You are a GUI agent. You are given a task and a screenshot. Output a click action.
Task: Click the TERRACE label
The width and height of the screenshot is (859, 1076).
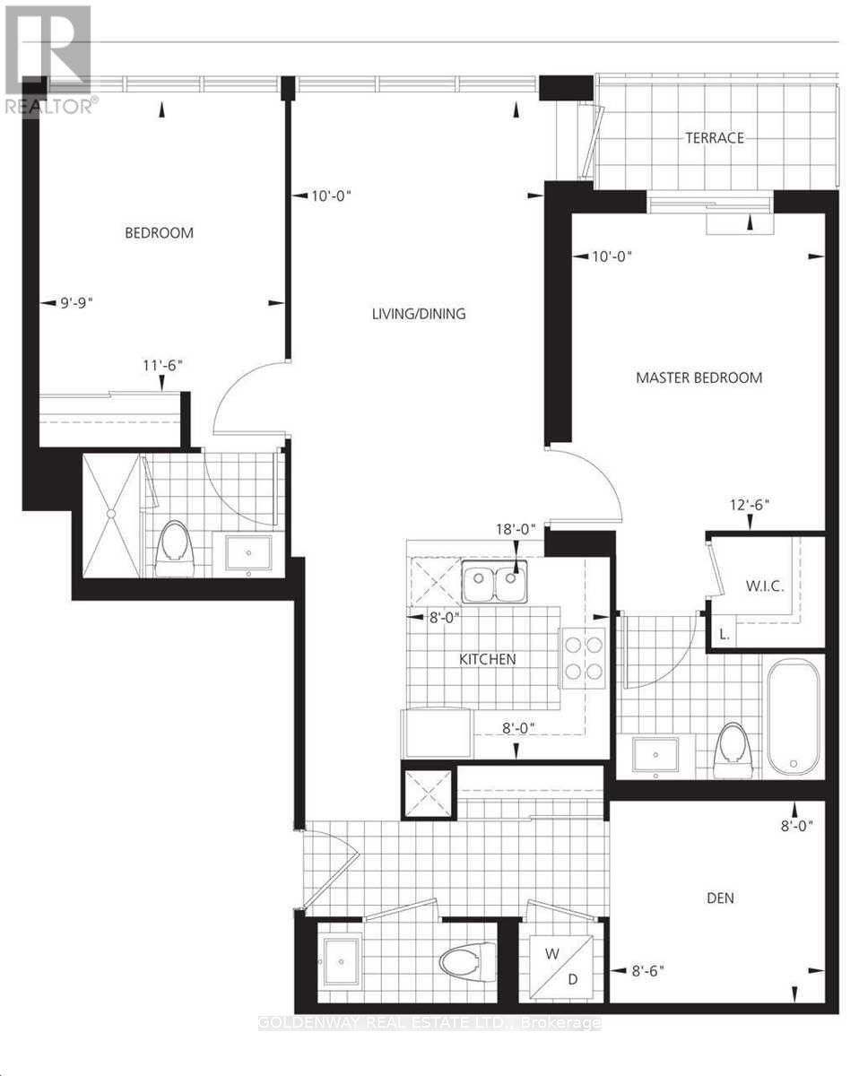tap(715, 137)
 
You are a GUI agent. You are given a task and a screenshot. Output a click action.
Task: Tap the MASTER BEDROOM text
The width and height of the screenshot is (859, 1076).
tap(698, 377)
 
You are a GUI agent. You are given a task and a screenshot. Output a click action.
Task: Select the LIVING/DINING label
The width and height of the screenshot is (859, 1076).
tap(420, 314)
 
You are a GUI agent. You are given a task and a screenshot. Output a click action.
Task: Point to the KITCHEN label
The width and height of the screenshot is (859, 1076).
tap(487, 659)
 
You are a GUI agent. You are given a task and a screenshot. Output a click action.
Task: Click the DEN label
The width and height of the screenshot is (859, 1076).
tap(720, 898)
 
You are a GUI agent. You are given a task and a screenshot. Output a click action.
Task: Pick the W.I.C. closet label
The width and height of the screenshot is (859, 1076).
tap(765, 586)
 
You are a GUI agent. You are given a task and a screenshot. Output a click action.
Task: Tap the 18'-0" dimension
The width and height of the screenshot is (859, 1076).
tap(515, 529)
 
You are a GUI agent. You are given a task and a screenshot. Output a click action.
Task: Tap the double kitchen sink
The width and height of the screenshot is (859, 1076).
tap(494, 585)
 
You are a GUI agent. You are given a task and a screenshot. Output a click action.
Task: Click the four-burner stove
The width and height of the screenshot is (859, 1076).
tap(582, 654)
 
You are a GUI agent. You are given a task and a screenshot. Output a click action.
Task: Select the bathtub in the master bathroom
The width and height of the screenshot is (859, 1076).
tap(794, 716)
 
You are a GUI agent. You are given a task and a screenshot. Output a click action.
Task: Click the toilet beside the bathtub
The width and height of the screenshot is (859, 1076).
tap(735, 748)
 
